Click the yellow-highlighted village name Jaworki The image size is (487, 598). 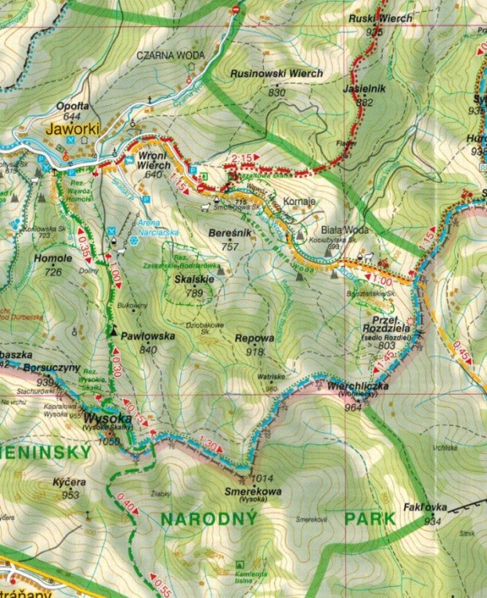pyautogui.click(x=70, y=128)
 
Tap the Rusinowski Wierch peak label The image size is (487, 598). pyautogui.click(x=276, y=73)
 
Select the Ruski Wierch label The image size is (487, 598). pyautogui.click(x=380, y=18)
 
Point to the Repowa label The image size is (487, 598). pyautogui.click(x=254, y=338)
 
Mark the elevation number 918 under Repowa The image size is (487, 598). pyautogui.click(x=254, y=351)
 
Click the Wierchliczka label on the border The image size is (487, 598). pyautogui.click(x=357, y=386)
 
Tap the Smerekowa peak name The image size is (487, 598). pyautogui.click(x=253, y=492)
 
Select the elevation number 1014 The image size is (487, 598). pyautogui.click(x=261, y=478)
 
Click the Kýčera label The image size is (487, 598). pyautogui.click(x=71, y=483)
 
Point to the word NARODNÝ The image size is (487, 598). pyautogui.click(x=208, y=519)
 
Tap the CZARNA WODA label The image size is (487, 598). pyautogui.click(x=170, y=55)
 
